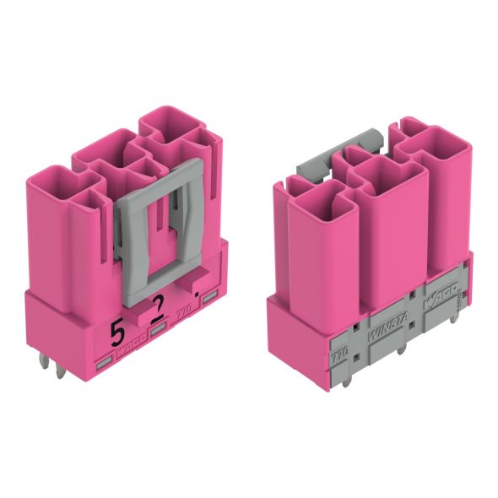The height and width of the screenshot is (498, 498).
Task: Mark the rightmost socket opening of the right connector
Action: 439,143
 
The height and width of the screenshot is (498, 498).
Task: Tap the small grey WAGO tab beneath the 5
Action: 133,333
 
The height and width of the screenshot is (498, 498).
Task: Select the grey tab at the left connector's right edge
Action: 210,292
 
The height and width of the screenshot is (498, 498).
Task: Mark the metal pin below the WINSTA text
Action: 397,347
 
